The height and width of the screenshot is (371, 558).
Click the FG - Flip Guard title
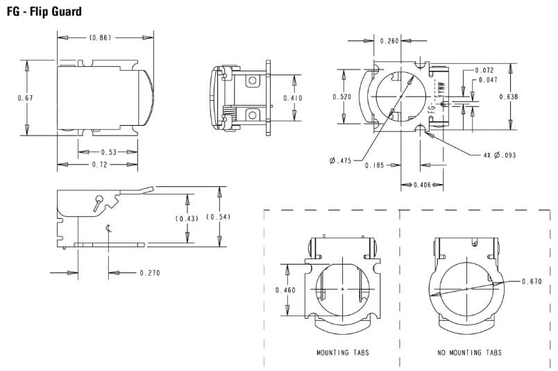(44, 11)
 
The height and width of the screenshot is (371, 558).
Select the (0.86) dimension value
(100, 38)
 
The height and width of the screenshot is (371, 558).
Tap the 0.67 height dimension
(25, 98)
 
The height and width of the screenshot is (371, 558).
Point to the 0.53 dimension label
(108, 152)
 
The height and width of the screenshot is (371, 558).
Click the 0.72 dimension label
(100, 165)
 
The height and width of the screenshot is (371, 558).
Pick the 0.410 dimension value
(293, 98)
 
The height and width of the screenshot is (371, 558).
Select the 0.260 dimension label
(389, 41)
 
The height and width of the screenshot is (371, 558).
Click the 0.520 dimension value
(341, 97)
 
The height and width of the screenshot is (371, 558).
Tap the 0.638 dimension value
(509, 97)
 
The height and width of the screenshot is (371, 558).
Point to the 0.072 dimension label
(484, 71)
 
